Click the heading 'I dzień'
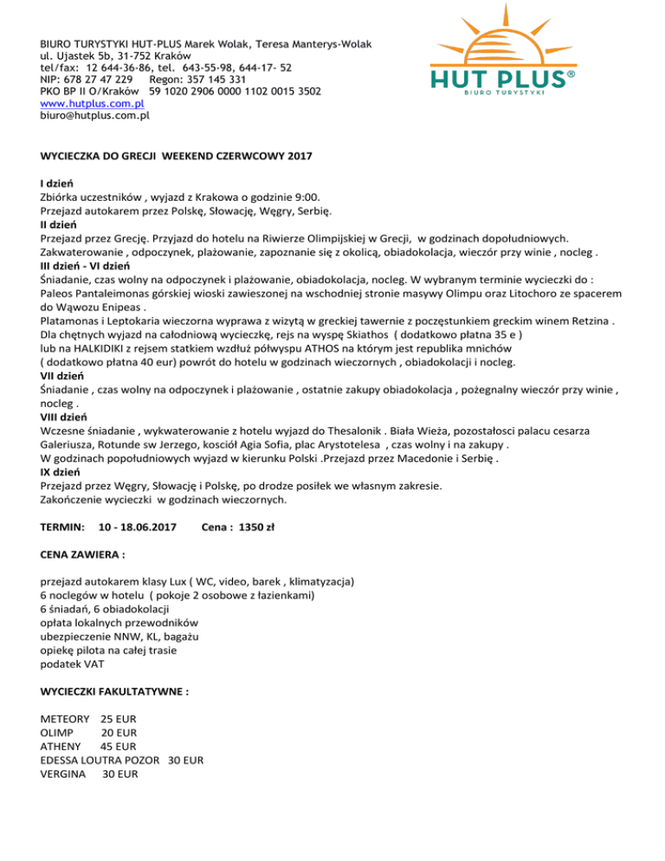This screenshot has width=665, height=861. (x=56, y=184)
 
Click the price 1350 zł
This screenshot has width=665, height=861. (x=257, y=527)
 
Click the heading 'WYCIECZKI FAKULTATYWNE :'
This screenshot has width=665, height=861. (x=115, y=693)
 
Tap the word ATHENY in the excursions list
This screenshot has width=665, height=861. (x=61, y=747)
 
